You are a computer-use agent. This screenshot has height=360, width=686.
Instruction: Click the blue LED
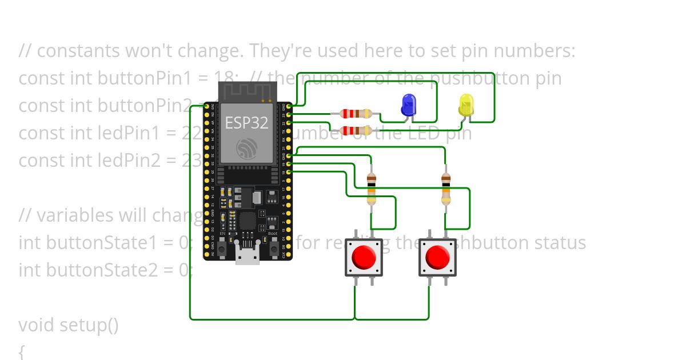[408, 105]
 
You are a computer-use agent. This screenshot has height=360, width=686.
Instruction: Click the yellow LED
[466, 105]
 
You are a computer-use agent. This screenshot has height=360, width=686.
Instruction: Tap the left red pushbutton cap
[364, 257]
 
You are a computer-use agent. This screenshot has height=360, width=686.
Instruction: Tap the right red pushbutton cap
[438, 257]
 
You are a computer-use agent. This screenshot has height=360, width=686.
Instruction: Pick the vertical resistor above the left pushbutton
[372, 189]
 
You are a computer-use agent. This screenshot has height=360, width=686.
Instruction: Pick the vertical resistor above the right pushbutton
[446, 189]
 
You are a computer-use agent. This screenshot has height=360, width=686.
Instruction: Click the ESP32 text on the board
[246, 123]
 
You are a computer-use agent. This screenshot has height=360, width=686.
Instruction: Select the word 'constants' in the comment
[75, 51]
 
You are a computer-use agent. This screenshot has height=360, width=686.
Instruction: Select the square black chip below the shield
[248, 220]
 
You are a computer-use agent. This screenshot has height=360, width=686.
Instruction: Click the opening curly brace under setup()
[22, 351]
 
